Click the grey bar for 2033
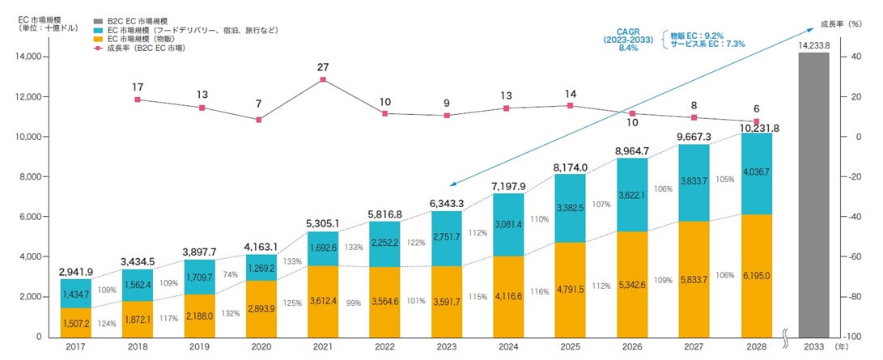click(x=813, y=194)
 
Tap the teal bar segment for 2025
click(x=571, y=208)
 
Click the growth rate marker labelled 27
click(x=323, y=80)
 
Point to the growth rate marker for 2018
click(x=138, y=100)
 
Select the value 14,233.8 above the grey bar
click(x=814, y=46)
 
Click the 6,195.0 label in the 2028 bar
click(x=756, y=276)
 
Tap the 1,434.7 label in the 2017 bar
click(x=75, y=294)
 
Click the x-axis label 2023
click(x=447, y=346)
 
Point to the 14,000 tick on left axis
click(x=29, y=57)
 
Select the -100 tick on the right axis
click(x=854, y=337)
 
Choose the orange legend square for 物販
click(x=98, y=39)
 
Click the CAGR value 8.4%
click(x=628, y=49)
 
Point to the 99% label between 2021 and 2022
click(x=353, y=302)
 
